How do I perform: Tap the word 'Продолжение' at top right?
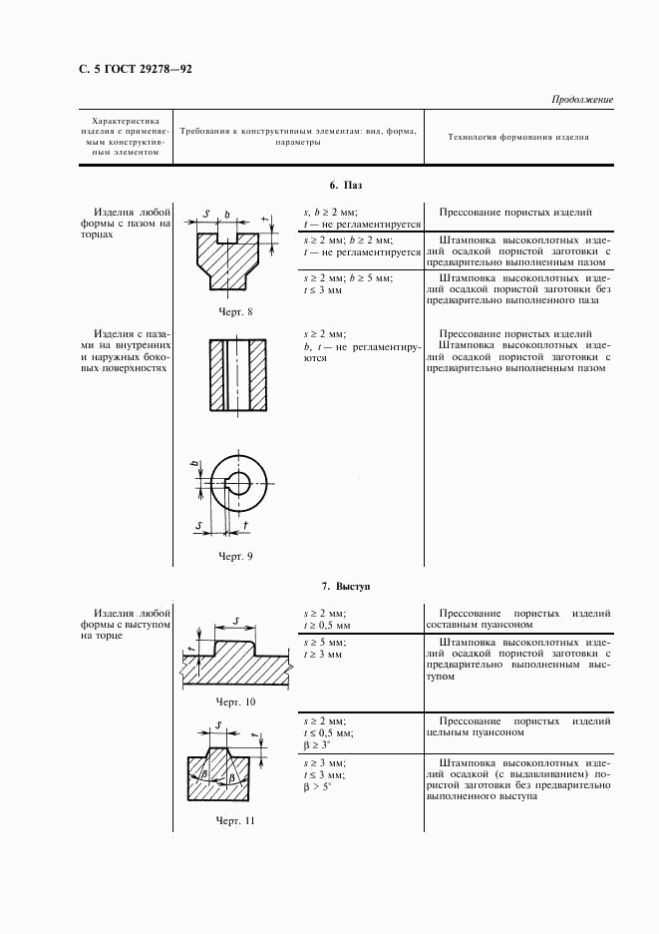tap(581, 100)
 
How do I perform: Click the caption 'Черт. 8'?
tap(235, 312)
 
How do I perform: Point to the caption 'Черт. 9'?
tap(235, 556)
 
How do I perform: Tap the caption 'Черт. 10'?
tap(236, 702)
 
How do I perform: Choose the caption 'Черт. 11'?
tap(236, 820)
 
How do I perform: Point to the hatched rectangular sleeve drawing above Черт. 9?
tap(237, 374)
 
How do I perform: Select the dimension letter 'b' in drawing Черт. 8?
tap(227, 215)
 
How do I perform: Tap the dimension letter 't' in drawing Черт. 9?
tap(246, 524)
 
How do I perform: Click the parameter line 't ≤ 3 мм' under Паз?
tap(323, 290)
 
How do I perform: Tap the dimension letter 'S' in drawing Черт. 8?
tap(206, 214)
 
